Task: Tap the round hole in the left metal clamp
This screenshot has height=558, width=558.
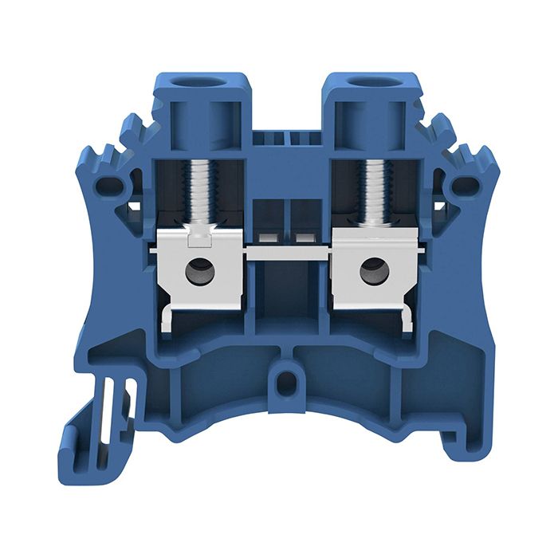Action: (196, 272)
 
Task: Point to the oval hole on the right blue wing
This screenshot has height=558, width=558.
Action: (465, 188)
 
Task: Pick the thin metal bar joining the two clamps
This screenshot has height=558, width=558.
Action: (285, 252)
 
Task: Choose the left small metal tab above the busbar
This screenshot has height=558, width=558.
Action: (268, 238)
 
